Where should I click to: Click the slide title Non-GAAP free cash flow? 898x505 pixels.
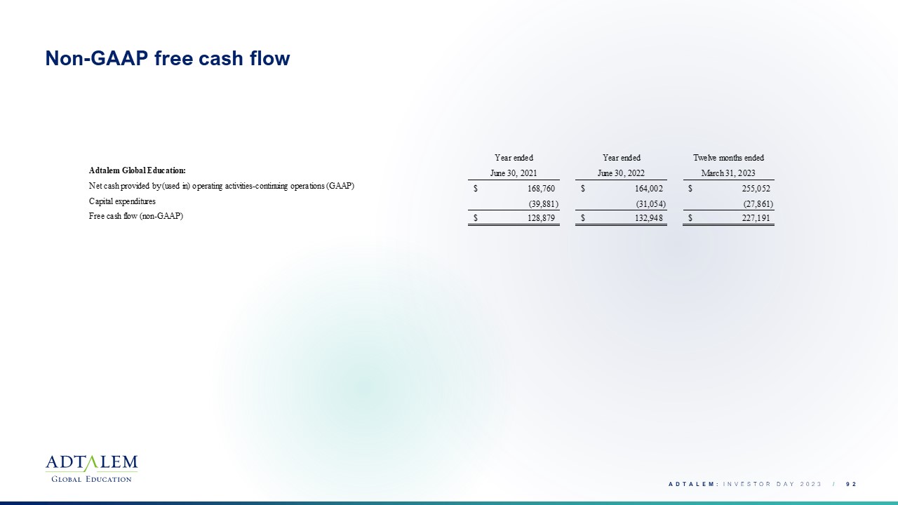168,58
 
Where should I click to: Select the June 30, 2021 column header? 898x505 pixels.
514,173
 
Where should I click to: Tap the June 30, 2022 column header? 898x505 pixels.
621,173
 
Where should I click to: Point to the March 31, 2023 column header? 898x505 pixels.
728,173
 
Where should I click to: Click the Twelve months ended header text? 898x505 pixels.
728,158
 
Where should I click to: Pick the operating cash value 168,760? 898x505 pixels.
541,189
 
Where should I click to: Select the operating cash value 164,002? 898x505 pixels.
649,189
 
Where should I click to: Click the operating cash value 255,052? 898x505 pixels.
756,189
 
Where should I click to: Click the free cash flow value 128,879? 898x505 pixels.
541,218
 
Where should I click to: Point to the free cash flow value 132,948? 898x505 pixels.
649,218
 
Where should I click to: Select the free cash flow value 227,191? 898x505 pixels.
756,218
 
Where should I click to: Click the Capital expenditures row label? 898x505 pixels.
122,201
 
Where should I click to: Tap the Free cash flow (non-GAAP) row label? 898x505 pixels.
136,216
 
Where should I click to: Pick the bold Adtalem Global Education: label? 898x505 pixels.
137,170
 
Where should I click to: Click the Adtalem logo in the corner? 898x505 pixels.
91,469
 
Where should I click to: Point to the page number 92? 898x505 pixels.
851,484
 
